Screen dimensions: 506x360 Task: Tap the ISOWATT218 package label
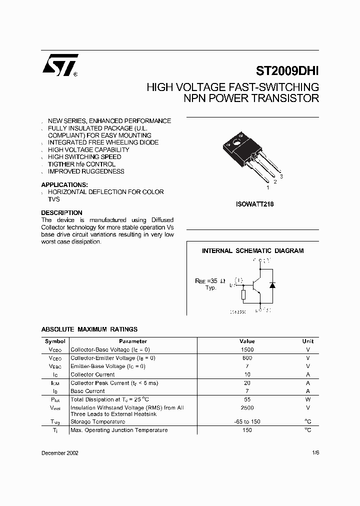point(254,204)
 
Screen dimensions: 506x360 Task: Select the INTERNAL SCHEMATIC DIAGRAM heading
point(252,251)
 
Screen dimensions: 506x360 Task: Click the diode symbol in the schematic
point(272,284)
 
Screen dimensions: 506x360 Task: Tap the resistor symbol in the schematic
point(243,295)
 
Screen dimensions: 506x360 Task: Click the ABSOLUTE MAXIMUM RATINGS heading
point(89,329)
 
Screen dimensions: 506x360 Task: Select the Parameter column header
point(133,341)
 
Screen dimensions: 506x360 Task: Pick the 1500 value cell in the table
point(247,350)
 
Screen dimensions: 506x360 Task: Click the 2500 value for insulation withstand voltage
point(247,407)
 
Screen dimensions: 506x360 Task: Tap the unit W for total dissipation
point(308,399)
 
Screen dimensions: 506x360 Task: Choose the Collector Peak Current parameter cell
point(114,383)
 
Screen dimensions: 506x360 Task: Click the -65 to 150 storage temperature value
point(247,421)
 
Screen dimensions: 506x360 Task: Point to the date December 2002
point(59,452)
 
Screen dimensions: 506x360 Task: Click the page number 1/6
point(314,452)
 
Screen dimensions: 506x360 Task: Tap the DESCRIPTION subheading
point(61,212)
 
